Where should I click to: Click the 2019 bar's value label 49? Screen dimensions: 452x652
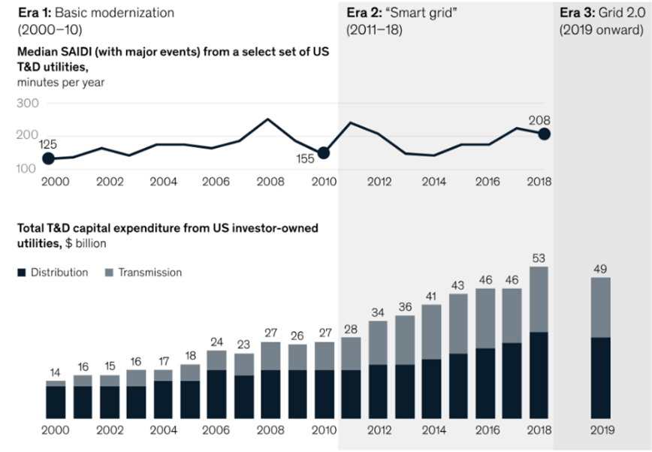coord(600,268)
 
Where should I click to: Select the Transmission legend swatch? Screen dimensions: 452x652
coord(110,273)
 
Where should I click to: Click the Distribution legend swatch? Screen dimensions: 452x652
coord(22,273)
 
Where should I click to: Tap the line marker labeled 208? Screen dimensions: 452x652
coord(545,134)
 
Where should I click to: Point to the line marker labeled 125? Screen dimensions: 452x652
coord(49,158)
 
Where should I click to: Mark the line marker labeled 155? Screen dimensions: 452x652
coord(324,152)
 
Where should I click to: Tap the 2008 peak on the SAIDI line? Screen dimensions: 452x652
coord(268,119)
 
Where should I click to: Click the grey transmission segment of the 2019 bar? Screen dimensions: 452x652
coord(600,307)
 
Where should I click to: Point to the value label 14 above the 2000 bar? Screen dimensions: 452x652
coord(56,372)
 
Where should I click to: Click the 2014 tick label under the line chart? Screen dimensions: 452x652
coord(433,182)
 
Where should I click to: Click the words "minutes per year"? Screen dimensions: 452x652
coord(61,83)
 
